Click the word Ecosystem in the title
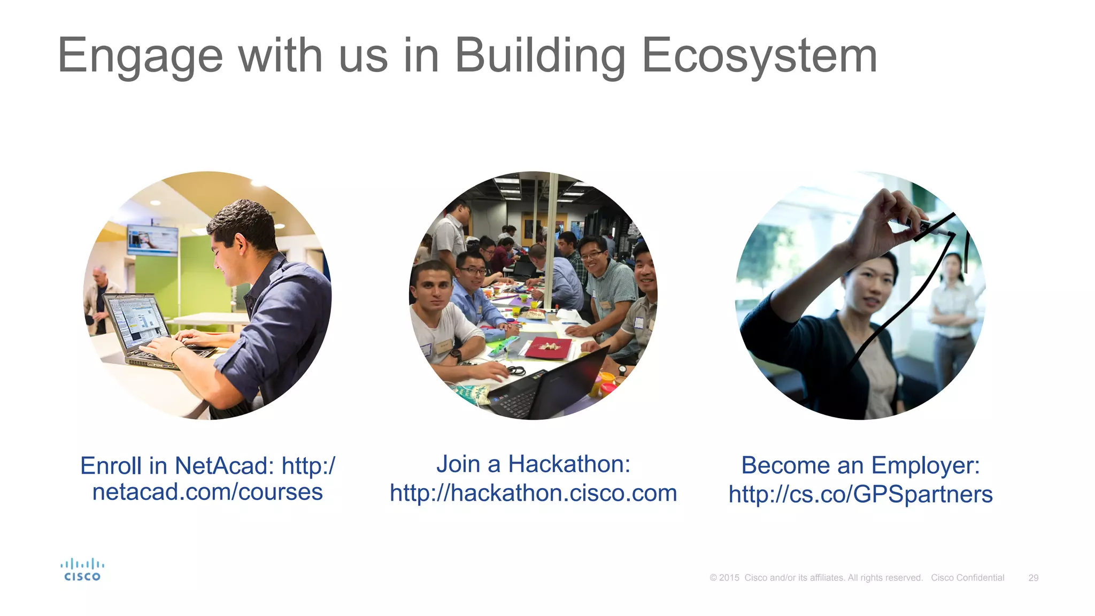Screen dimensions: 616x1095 [x=759, y=56]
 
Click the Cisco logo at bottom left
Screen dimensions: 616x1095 [x=82, y=570]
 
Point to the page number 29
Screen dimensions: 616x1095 [x=1033, y=578]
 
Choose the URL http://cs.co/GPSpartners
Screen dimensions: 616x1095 [x=860, y=495]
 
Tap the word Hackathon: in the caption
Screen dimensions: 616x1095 [x=569, y=464]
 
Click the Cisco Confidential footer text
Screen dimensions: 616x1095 [x=967, y=578]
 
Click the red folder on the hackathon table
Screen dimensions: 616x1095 [x=548, y=348]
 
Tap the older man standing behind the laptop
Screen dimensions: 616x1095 [x=100, y=297]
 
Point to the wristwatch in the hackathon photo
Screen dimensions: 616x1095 [x=456, y=355]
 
